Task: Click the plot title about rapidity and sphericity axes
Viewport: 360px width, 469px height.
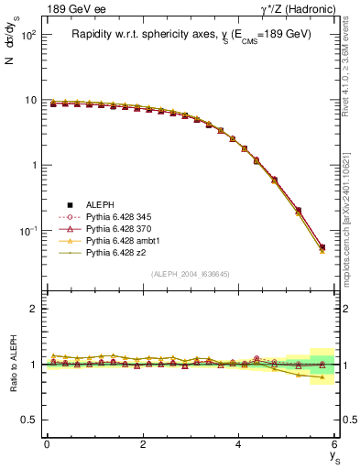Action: (x=191, y=34)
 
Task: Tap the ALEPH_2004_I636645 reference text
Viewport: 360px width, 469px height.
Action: (x=191, y=274)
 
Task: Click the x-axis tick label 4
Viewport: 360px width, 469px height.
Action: (x=239, y=443)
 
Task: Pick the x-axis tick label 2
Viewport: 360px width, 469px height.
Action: (x=143, y=443)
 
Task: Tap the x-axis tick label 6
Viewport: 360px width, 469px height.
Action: (x=335, y=443)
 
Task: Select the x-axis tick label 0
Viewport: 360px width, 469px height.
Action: (x=47, y=443)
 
